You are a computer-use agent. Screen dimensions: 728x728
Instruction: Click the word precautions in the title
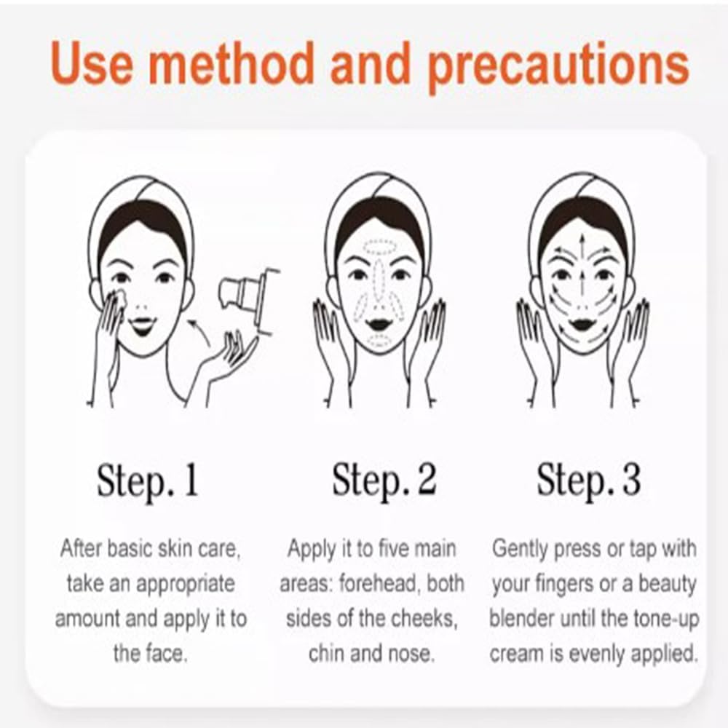[x=558, y=66]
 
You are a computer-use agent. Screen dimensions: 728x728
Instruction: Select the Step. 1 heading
[x=148, y=480]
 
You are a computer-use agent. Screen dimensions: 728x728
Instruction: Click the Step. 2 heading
[x=384, y=480]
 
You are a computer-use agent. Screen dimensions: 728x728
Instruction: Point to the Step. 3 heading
[x=589, y=480]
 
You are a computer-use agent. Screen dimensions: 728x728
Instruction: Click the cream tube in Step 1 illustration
[x=249, y=296]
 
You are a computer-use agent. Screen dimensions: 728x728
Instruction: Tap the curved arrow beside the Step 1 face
[x=199, y=331]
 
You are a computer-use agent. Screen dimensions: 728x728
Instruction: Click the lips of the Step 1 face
[x=141, y=325]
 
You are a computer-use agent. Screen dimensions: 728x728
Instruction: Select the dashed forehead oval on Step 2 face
[x=379, y=248]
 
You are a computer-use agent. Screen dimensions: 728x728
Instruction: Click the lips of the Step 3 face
[x=581, y=321]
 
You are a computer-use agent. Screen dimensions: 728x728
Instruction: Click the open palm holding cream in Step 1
[x=227, y=357]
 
